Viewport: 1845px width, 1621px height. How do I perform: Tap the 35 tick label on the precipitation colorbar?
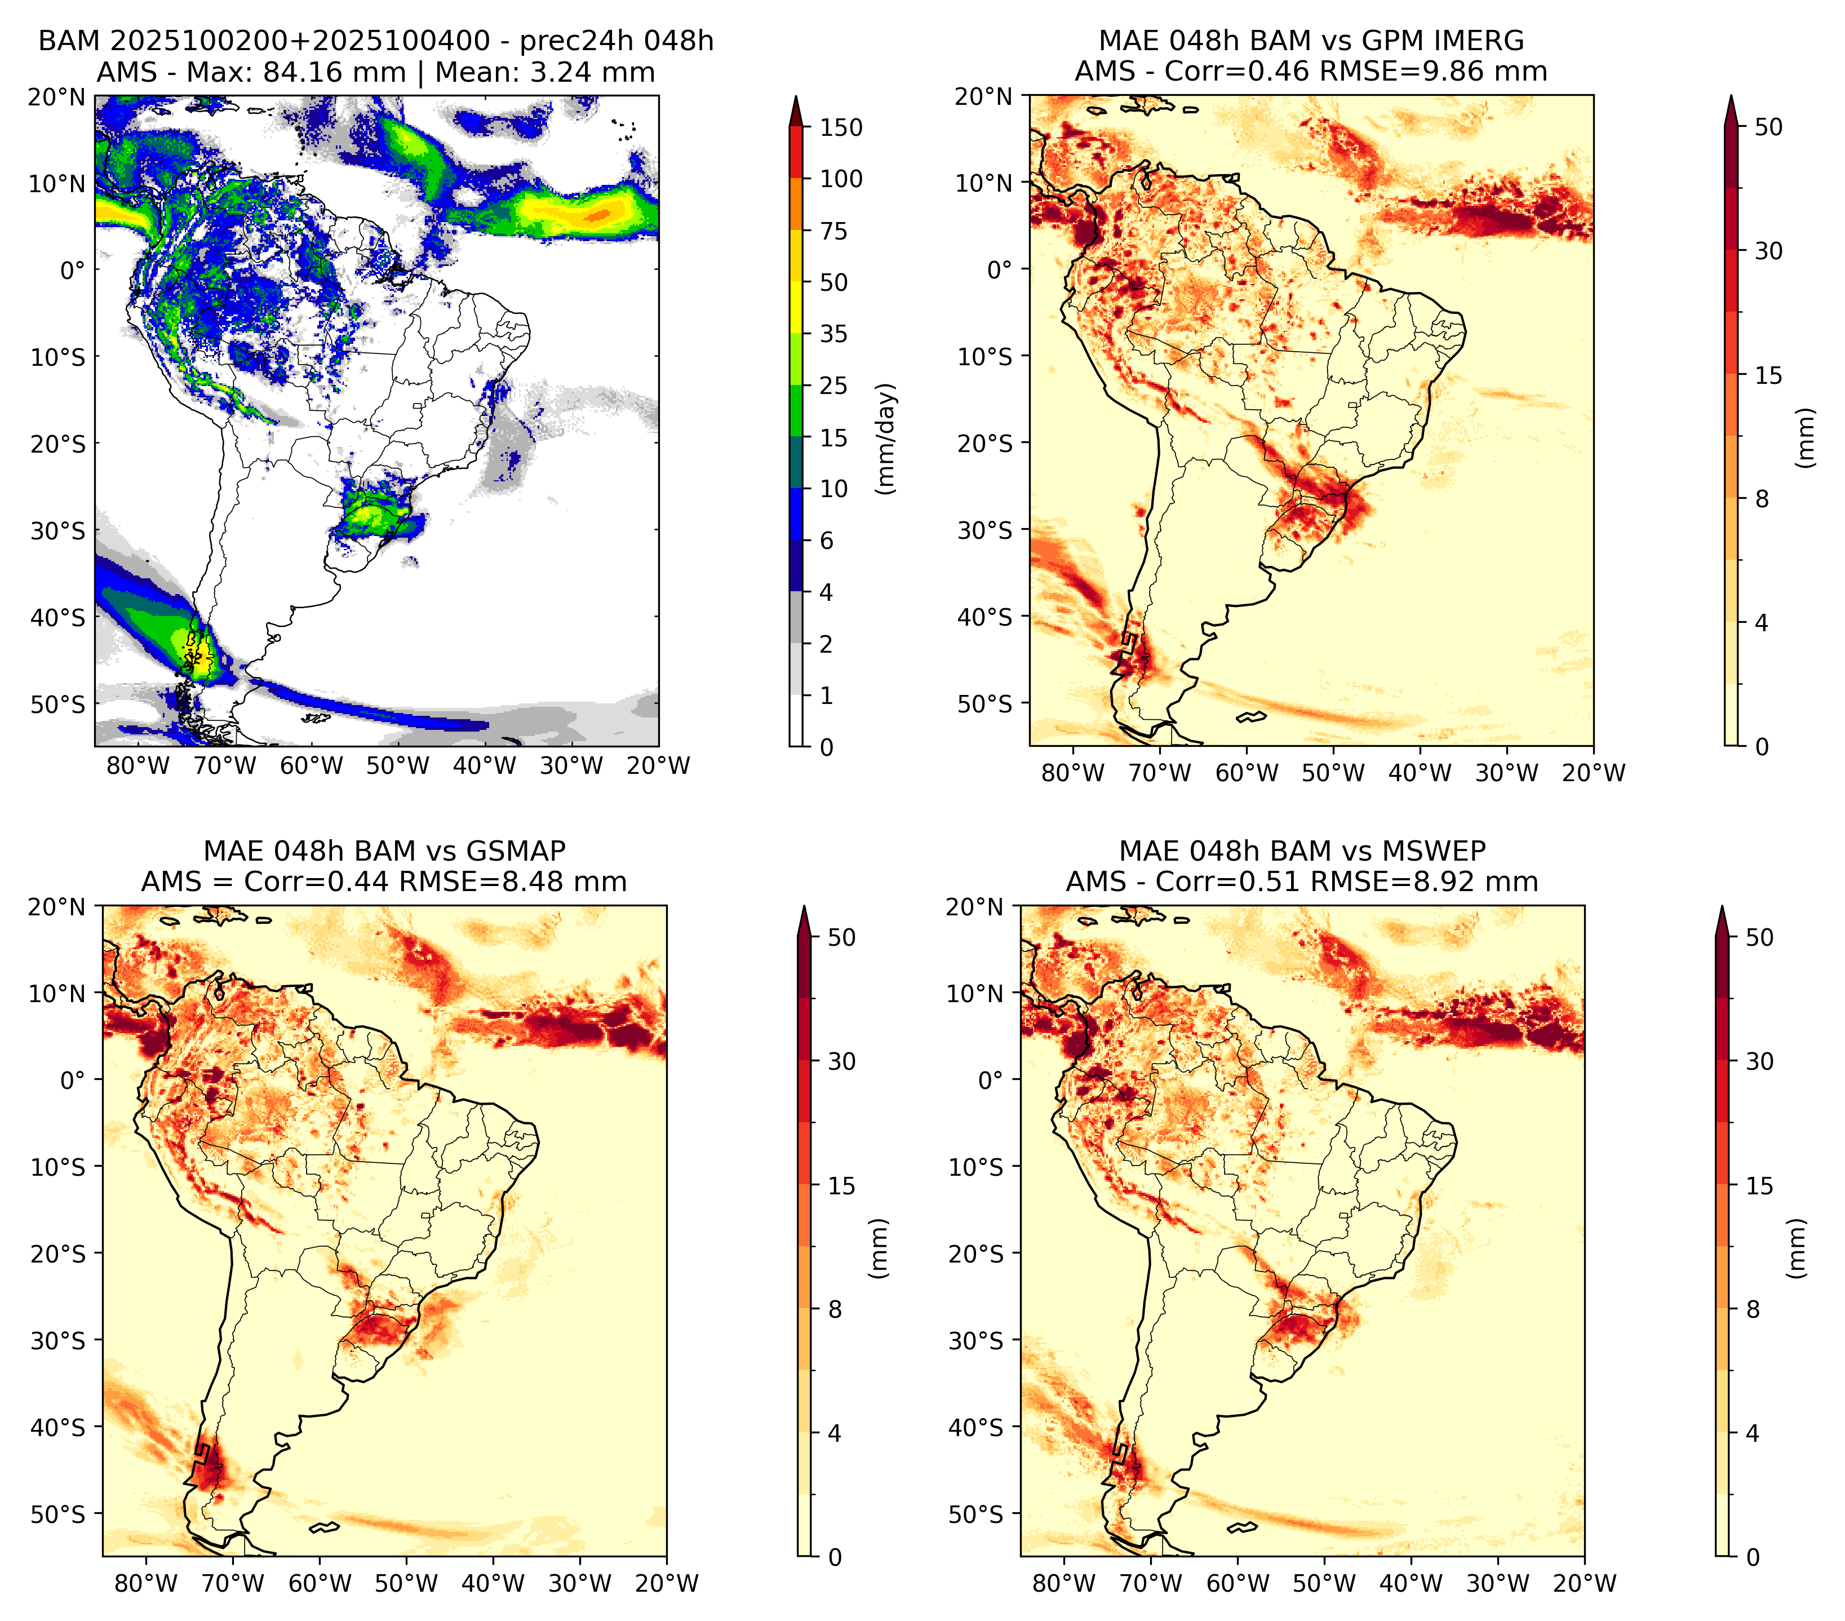tap(833, 334)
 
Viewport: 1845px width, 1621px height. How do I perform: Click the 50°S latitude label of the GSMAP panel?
tap(58, 1513)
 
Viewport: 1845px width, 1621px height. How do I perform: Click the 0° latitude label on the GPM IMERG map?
tap(999, 269)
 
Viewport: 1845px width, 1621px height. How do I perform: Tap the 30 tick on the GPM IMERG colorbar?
tap(1768, 251)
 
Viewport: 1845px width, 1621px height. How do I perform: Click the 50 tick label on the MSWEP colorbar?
tap(1759, 937)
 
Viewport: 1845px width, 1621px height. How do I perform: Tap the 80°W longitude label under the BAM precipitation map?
tap(138, 765)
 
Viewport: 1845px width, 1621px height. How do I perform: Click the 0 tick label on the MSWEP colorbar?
tap(1752, 1557)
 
